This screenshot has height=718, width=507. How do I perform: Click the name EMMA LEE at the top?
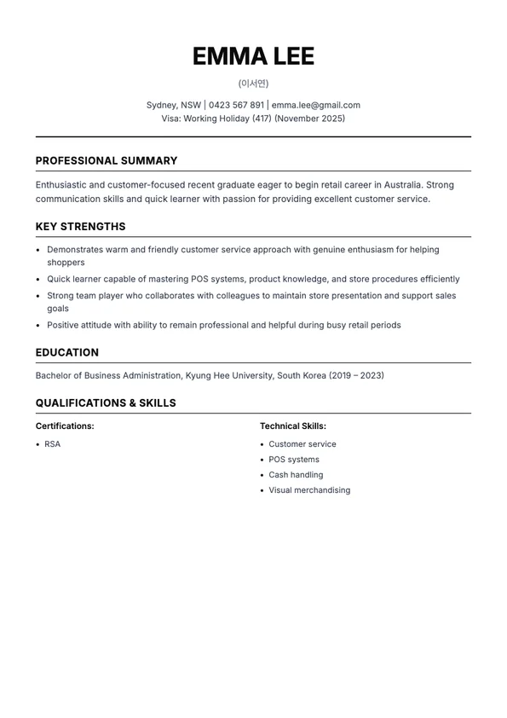(x=253, y=56)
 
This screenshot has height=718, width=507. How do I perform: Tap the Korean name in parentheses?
(x=253, y=84)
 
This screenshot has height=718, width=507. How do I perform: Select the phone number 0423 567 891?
(x=236, y=106)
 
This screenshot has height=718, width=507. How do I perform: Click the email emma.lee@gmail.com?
(x=316, y=106)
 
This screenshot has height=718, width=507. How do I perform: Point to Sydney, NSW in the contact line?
(x=173, y=106)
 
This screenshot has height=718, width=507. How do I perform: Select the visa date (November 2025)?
(x=309, y=119)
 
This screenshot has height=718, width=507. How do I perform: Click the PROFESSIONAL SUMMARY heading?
(x=107, y=160)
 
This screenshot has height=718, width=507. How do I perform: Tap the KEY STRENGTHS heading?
(x=80, y=227)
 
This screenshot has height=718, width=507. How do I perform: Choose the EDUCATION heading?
(x=67, y=352)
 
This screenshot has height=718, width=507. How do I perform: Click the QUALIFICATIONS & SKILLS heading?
(x=106, y=403)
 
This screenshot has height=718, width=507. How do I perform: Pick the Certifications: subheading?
(x=65, y=426)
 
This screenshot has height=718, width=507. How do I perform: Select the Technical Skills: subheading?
(x=293, y=426)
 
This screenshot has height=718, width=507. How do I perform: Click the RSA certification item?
(x=53, y=444)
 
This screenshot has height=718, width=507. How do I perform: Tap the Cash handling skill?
(x=296, y=475)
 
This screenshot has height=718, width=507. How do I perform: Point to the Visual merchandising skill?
(x=309, y=490)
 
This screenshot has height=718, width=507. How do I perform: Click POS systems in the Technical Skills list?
(x=294, y=460)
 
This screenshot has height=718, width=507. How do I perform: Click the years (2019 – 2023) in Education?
(x=356, y=375)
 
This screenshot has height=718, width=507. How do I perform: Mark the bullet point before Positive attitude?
(x=39, y=326)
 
